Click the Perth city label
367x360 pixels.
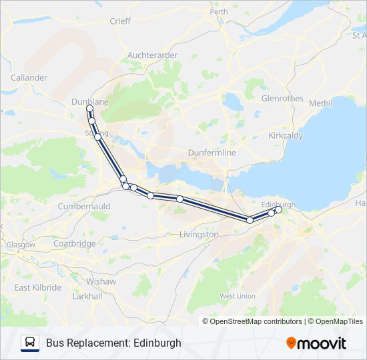click(218, 11)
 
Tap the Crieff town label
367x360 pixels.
click(120, 21)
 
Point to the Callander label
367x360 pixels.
click(29, 77)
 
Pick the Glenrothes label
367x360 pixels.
click(282, 99)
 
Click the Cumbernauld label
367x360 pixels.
click(84, 207)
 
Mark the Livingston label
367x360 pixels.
click(199, 235)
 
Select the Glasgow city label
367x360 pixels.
click(20, 245)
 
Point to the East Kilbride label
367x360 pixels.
click(38, 287)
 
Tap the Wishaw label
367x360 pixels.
click(101, 281)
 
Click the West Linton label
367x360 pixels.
click(237, 295)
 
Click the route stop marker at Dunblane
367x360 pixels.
click(89, 108)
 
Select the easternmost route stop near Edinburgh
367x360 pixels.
click(278, 210)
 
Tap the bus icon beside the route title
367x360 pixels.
click(30, 343)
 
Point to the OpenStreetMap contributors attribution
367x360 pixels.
click(255, 321)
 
